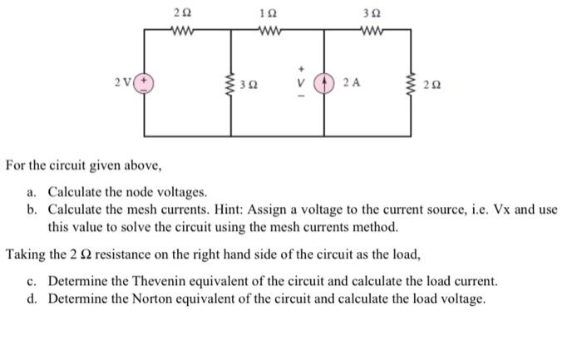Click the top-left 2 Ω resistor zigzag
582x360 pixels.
tap(182, 32)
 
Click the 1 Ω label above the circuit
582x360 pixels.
tap(265, 14)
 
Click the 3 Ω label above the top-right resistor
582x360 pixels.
tap(369, 14)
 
